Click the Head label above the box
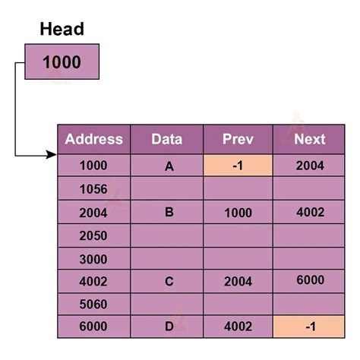pyautogui.click(x=62, y=30)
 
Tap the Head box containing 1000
pyautogui.click(x=62, y=62)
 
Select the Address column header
pyautogui.click(x=93, y=139)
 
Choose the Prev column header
pyautogui.click(x=238, y=139)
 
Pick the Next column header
pyautogui.click(x=309, y=139)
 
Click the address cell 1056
pyautogui.click(x=93, y=189)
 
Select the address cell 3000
pyautogui.click(x=93, y=259)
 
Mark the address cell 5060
pyautogui.click(x=93, y=305)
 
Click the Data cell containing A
pyautogui.click(x=169, y=166)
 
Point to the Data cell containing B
pyautogui.click(x=169, y=213)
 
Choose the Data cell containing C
pyautogui.click(x=169, y=282)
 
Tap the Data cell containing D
pyautogui.click(x=169, y=327)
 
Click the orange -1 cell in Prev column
pyautogui.click(x=238, y=166)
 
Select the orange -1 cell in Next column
pyautogui.click(x=309, y=327)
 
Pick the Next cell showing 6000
pyautogui.click(x=309, y=280)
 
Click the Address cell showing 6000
pyautogui.click(x=93, y=327)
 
